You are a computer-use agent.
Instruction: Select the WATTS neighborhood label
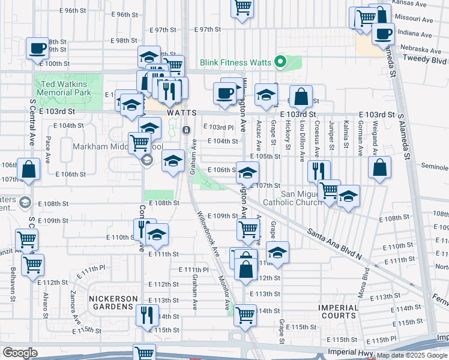[x=182, y=113]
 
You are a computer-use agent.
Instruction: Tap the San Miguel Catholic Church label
[x=303, y=198]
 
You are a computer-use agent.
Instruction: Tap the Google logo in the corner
[x=20, y=352]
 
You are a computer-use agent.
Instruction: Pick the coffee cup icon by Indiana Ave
[x=382, y=33]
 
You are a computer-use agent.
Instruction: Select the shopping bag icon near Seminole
[x=379, y=168]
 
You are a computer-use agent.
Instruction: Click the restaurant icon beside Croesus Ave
[x=319, y=171]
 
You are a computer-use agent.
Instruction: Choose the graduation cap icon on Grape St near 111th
[x=277, y=253]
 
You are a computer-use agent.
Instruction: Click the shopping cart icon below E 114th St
[x=245, y=314]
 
